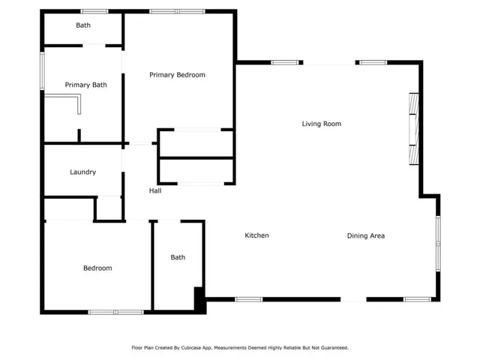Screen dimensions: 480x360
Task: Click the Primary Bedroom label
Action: pos(177,75)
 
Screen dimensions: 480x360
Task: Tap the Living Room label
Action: pos(322,124)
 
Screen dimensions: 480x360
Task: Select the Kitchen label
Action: pos(256,235)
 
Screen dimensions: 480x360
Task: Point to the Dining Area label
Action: pos(366,235)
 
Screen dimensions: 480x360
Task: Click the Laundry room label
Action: pos(83,172)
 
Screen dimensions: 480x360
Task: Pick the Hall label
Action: pos(155,190)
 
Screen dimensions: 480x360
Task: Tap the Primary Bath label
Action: pos(86,85)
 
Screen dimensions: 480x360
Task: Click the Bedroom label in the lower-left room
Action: pos(97,268)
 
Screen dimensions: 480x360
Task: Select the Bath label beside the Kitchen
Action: pos(178,257)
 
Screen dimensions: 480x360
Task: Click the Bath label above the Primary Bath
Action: pos(83,25)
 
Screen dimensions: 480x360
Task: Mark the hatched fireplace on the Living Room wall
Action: pos(414,129)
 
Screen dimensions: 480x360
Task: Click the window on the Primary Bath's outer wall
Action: pos(42,71)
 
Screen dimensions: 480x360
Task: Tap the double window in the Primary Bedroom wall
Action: pos(177,12)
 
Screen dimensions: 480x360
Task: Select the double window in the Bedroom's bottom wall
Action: pos(115,312)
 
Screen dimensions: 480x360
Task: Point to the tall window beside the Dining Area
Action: pos(438,244)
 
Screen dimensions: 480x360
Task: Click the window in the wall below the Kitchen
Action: pos(249,299)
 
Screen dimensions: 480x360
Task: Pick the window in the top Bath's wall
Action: pos(94,12)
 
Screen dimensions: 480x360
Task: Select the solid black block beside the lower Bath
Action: pos(200,300)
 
